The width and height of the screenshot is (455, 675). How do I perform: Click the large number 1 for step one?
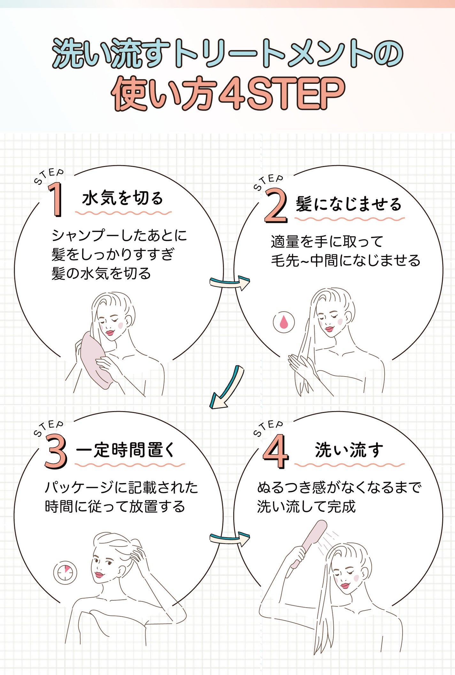click(56, 200)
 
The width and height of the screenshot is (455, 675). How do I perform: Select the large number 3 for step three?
click(56, 451)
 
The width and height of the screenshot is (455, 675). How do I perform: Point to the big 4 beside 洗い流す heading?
click(275, 451)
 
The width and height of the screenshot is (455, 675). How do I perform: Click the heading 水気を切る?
click(123, 198)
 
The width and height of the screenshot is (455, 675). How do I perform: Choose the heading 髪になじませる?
click(349, 204)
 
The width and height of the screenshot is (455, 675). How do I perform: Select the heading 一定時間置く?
click(125, 450)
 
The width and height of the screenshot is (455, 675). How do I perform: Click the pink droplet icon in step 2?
click(284, 322)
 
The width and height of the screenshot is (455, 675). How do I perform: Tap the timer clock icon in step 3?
click(65, 573)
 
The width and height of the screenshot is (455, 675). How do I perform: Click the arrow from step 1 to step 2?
click(229, 282)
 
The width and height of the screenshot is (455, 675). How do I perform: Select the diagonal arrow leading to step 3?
click(227, 388)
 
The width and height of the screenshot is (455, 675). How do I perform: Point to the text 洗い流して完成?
click(306, 507)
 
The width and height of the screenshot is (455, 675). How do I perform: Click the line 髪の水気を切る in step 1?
click(101, 274)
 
